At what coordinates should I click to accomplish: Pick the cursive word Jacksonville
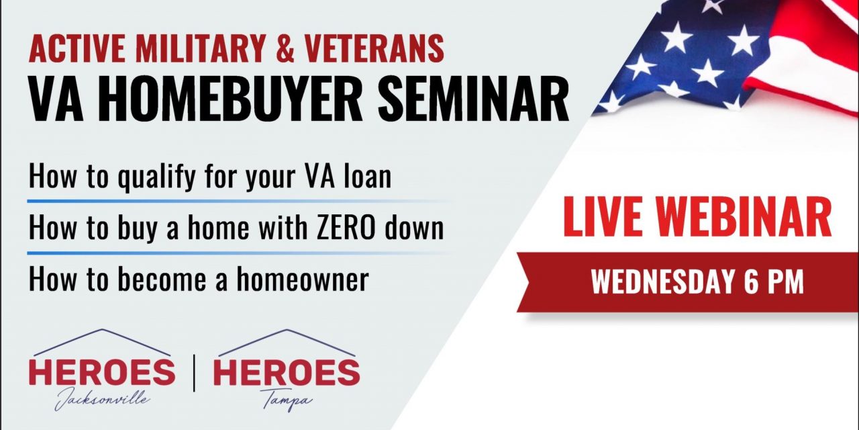(102, 398)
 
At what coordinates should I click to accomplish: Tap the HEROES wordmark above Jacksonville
(102, 373)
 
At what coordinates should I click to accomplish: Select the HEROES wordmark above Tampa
(287, 373)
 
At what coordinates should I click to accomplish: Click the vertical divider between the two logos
(194, 373)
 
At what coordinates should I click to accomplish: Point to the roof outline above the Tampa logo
(287, 341)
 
